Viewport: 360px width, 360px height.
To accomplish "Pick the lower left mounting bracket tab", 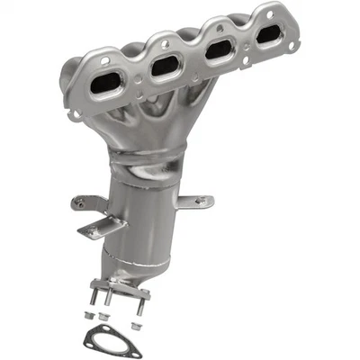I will coord(91,230).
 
